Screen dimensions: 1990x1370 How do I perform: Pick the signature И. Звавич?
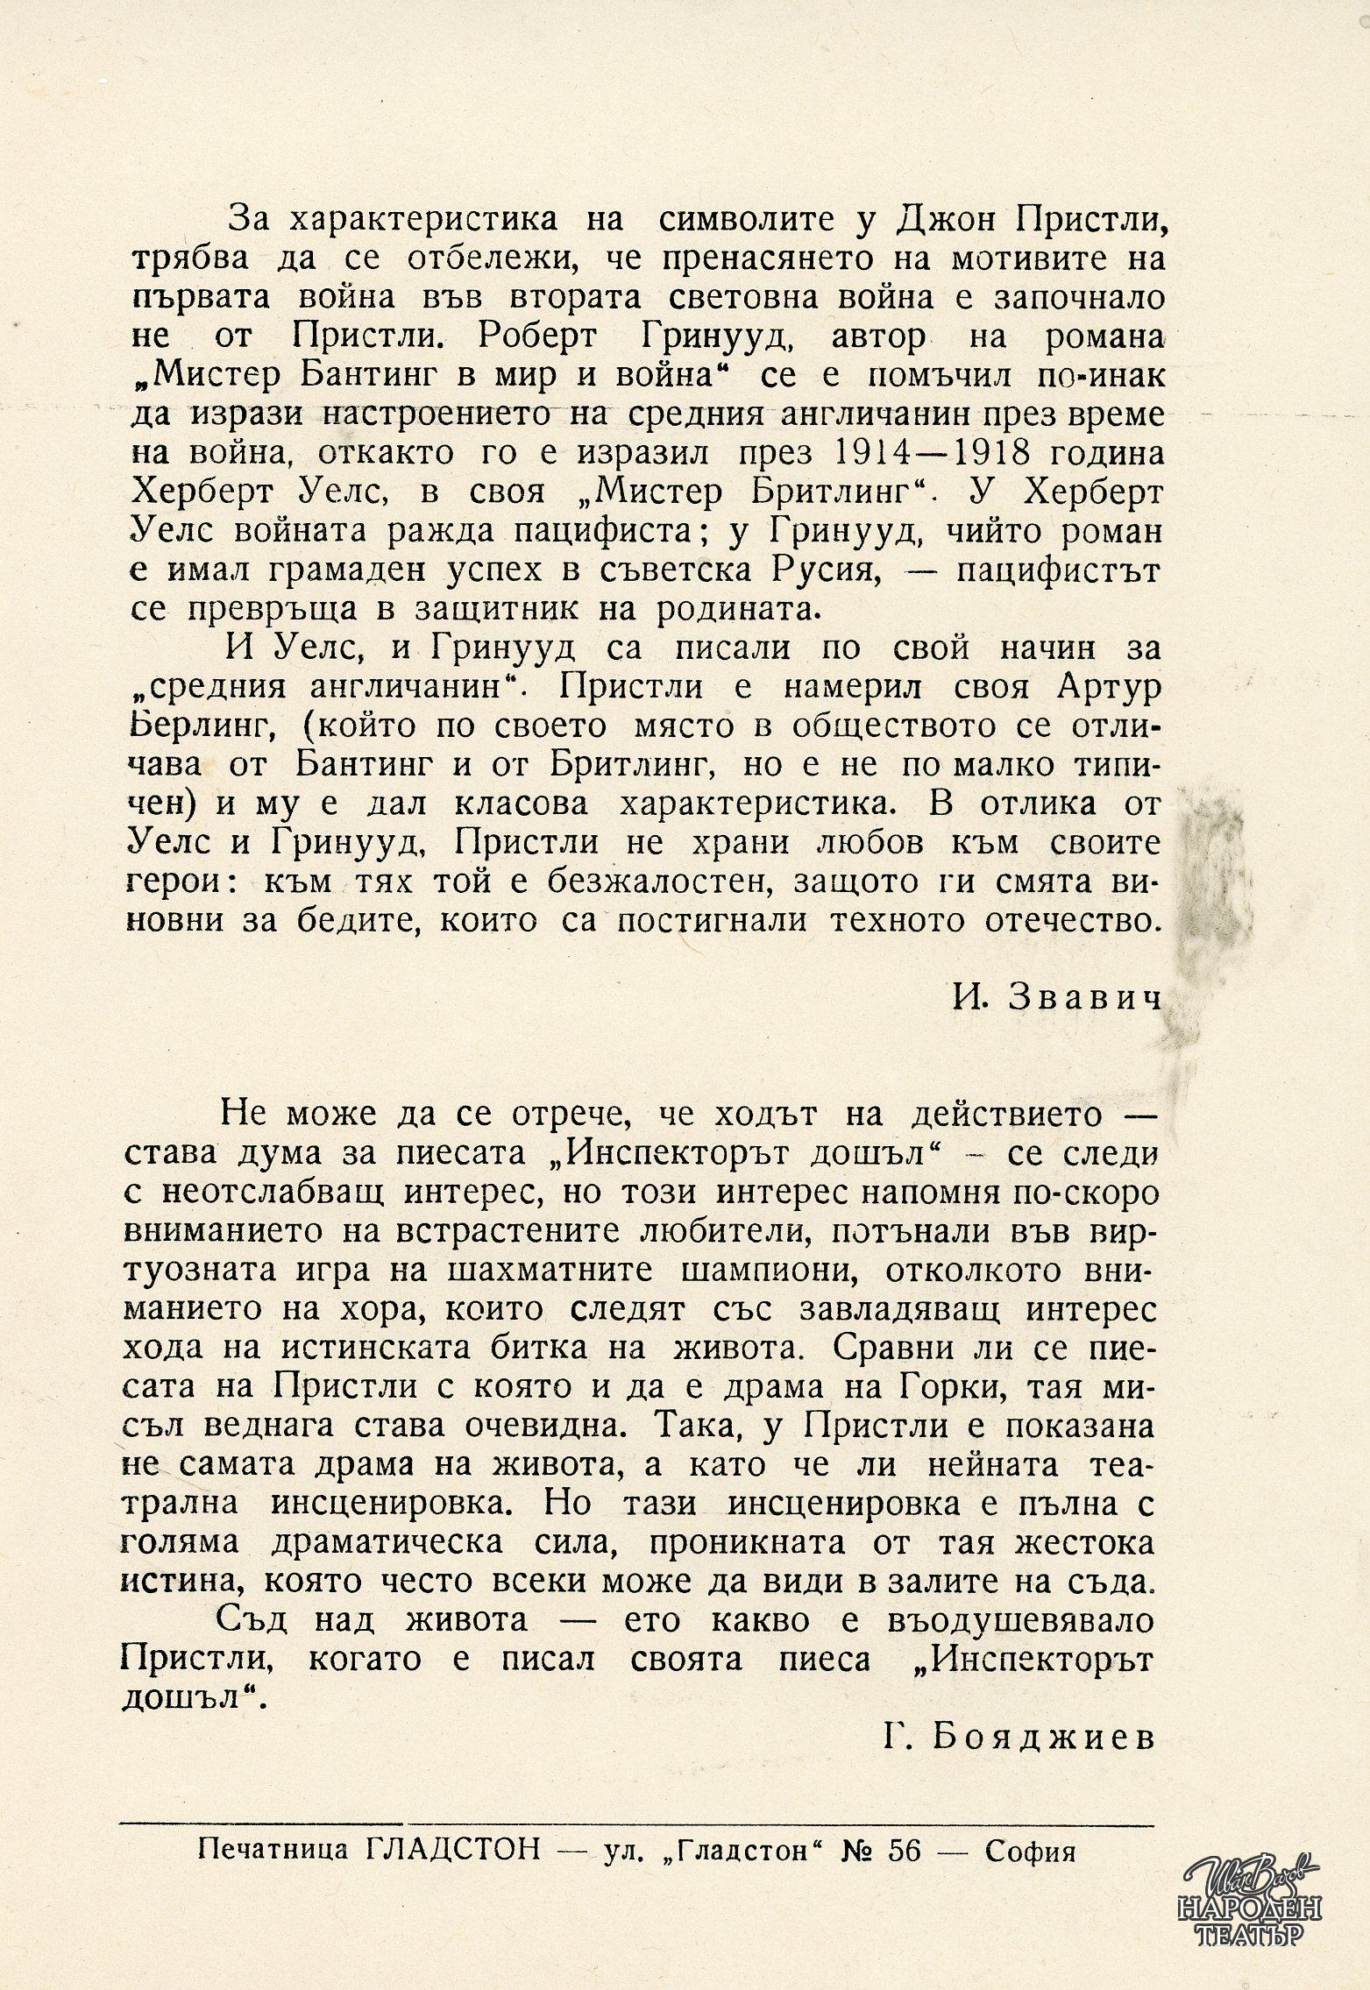point(1056,999)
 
